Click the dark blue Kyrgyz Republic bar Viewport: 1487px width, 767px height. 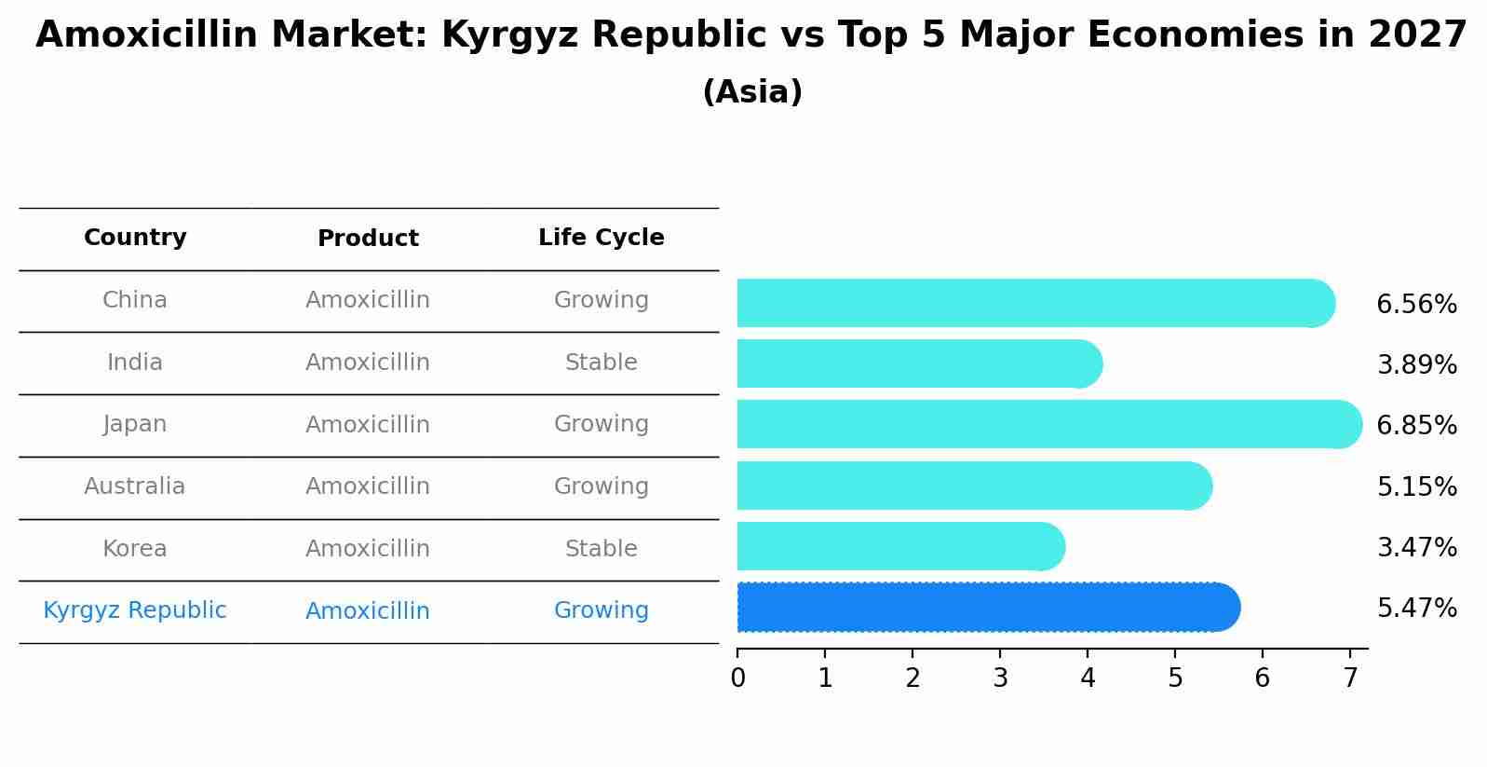[x=987, y=608]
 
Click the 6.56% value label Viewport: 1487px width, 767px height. [x=1415, y=305]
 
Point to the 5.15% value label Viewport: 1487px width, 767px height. [x=1415, y=487]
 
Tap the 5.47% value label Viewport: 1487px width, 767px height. [x=1415, y=609]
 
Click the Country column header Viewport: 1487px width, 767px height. [x=135, y=239]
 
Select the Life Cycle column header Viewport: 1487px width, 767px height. [x=601, y=239]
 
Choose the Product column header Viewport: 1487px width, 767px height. [x=368, y=239]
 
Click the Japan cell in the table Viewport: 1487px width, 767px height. [x=135, y=425]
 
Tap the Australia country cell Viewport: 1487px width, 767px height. [x=135, y=486]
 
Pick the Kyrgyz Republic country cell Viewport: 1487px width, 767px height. [x=135, y=611]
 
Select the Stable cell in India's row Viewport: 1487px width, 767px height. [x=601, y=363]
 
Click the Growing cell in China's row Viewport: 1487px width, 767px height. [x=601, y=300]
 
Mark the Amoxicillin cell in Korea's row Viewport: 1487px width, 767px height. [x=368, y=549]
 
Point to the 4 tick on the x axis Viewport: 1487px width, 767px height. [x=1088, y=678]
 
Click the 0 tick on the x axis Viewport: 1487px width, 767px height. [x=737, y=678]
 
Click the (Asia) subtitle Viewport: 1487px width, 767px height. [x=752, y=92]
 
